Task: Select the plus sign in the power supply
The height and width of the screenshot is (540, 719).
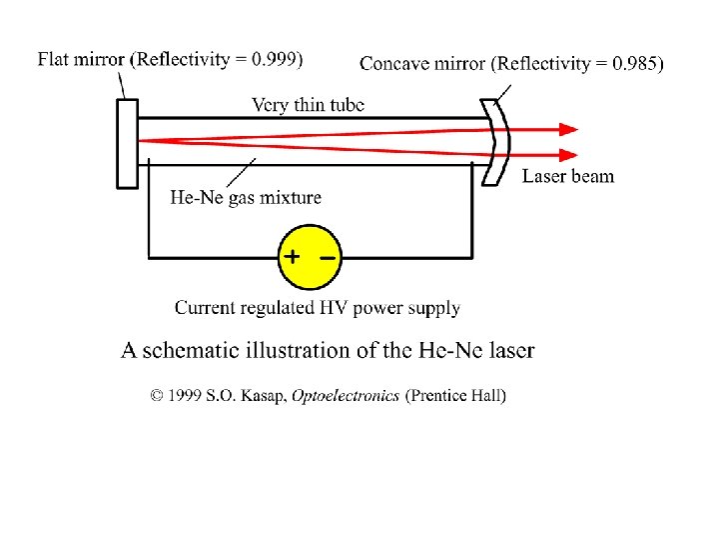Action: click(291, 256)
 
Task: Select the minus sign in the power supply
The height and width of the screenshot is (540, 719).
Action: click(328, 257)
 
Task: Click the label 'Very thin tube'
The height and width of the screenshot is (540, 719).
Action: click(308, 104)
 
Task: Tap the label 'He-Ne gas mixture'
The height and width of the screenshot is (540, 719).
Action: click(247, 197)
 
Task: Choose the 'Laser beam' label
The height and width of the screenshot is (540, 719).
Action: click(568, 177)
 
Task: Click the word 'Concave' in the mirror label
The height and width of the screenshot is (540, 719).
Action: click(392, 64)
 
